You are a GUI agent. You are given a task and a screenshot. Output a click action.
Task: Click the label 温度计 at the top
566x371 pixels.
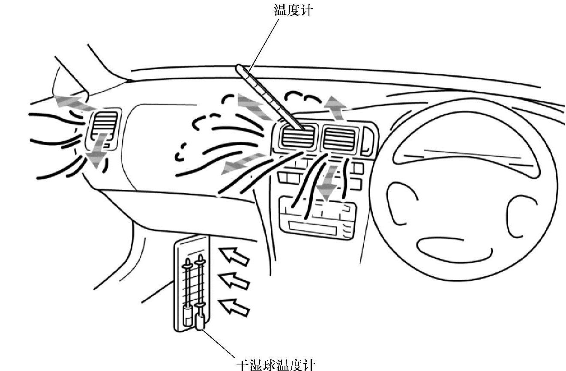(293, 10)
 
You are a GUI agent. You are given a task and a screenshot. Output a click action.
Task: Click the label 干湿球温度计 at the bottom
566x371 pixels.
(276, 365)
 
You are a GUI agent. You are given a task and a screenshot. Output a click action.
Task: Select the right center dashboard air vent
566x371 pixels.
(339, 138)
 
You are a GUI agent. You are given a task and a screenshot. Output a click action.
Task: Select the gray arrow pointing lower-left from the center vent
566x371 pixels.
(240, 164)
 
